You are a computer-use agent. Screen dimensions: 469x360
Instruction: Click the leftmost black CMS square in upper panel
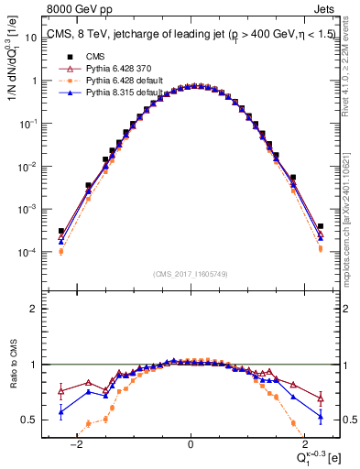61,232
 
